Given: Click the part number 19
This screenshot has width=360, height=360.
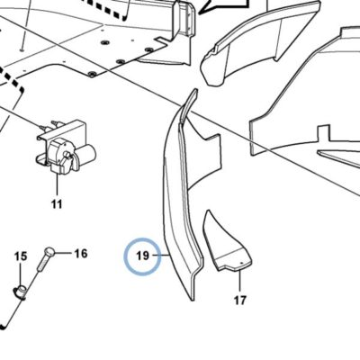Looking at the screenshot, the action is coord(142,256).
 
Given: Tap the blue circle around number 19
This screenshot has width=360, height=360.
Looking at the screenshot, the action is coord(143,238).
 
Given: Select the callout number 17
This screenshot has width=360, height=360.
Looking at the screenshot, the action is coord(239,301).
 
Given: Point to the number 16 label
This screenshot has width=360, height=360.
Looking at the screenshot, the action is coord(80,254).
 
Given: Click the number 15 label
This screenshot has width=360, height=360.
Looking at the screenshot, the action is coord(21,256).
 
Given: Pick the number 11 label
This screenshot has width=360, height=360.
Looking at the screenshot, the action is coord(57,204).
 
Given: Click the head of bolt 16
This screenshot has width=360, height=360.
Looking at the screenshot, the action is coord(49,250).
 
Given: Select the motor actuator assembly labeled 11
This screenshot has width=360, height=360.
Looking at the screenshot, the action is coord(66,147).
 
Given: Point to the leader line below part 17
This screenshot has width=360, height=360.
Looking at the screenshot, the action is coord(240,282).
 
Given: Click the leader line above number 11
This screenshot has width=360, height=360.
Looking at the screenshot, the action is coord(57,184).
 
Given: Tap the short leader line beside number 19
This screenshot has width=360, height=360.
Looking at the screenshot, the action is coord(161,256).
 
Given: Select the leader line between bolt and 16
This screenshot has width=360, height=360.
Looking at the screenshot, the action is coord(62,253).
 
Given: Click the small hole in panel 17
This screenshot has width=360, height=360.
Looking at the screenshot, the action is coord(242,262).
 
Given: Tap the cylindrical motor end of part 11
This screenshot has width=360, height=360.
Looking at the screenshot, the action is coord(87,152).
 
